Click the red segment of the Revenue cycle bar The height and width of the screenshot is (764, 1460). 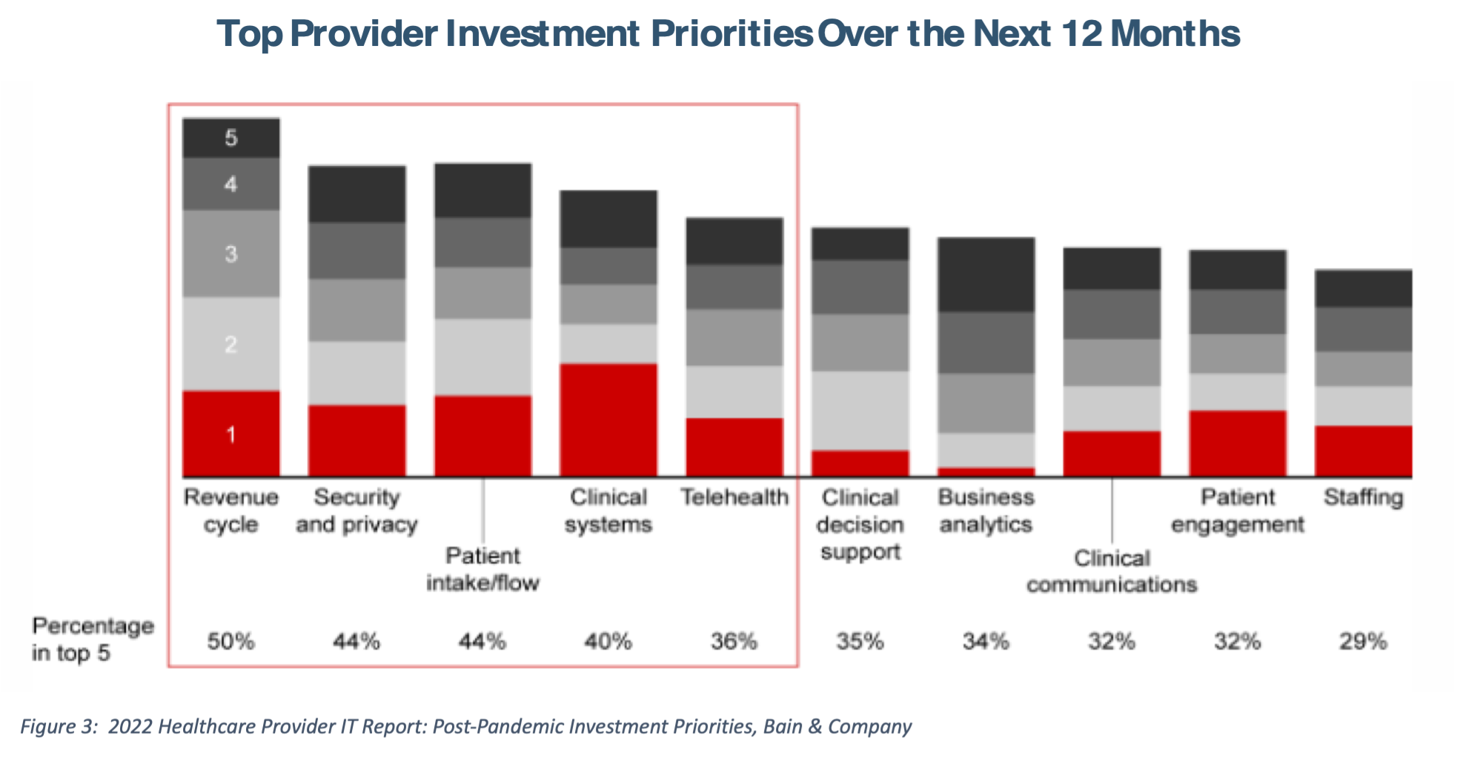[231, 434]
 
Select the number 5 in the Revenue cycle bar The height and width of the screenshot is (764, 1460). [231, 138]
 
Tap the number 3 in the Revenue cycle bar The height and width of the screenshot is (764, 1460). [231, 254]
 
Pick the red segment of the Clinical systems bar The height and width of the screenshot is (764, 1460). [608, 419]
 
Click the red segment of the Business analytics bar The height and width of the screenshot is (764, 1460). [986, 471]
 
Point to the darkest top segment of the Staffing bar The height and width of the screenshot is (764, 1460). [1364, 289]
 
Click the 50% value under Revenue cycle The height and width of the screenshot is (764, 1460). [231, 641]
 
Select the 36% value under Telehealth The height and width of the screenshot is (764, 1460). [734, 641]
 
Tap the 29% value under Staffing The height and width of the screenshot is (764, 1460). [1363, 641]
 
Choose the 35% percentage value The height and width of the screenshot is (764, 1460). [860, 641]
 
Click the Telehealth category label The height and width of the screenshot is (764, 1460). [734, 497]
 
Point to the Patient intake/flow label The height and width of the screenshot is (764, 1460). [482, 569]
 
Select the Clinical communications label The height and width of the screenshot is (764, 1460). [1112, 571]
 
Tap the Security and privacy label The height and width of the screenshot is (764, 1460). [356, 511]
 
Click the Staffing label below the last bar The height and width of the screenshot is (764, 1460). [1364, 497]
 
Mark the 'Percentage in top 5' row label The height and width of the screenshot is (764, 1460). [92, 639]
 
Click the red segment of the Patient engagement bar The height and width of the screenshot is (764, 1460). [1238, 443]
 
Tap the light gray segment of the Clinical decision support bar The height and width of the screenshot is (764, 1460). [860, 411]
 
